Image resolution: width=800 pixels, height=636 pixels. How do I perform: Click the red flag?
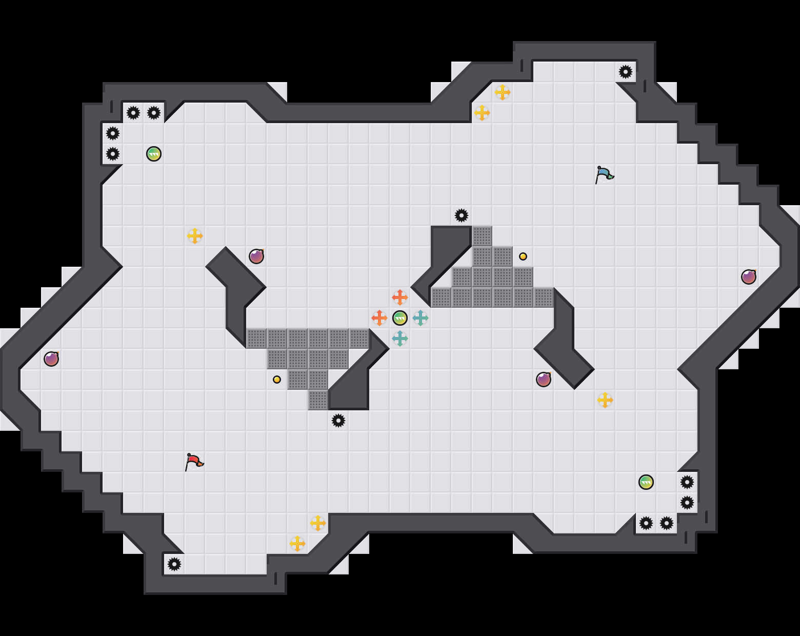click(194, 462)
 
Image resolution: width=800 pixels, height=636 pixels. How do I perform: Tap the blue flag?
click(604, 174)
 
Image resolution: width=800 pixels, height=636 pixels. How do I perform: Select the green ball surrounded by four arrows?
click(400, 318)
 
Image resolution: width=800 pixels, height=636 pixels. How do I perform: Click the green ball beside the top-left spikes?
click(154, 154)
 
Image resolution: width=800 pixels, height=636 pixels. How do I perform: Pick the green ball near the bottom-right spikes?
click(646, 482)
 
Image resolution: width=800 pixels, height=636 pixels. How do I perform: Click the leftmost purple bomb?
click(51, 359)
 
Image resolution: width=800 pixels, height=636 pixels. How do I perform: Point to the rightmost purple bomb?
click(749, 277)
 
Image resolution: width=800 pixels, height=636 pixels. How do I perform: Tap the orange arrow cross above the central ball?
click(400, 297)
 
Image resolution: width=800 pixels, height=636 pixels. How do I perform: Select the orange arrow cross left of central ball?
click(379, 318)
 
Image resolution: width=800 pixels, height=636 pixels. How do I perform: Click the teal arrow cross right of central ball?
click(421, 318)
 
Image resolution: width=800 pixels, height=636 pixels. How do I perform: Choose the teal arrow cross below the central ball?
click(400, 339)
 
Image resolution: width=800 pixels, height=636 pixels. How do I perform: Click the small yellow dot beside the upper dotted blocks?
click(523, 256)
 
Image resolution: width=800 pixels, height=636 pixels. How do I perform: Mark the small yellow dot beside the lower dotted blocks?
click(277, 380)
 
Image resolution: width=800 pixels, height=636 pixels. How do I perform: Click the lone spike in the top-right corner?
click(626, 72)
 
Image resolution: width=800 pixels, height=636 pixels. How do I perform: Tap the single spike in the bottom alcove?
click(174, 564)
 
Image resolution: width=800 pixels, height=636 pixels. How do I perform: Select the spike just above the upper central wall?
click(462, 215)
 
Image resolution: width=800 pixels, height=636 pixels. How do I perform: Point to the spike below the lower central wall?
click(338, 421)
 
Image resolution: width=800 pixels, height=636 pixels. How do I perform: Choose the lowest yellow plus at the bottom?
click(297, 544)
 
